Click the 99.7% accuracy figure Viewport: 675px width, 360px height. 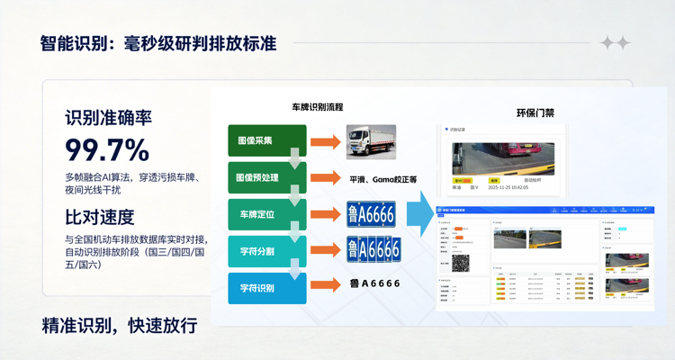pos(107,148)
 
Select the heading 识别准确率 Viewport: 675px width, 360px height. pos(108,118)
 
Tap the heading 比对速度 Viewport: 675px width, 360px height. pos(99,217)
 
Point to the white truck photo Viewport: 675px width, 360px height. pos(371,142)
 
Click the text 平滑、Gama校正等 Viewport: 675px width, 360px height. pos(382,179)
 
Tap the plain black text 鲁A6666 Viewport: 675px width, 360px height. pos(373,284)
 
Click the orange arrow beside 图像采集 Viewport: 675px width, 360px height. pos(326,142)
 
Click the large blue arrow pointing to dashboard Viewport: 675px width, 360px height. pos(418,214)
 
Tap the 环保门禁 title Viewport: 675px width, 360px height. pos(535,112)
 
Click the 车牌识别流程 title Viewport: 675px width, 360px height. pos(317,107)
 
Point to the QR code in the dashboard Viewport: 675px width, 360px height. pos(459,263)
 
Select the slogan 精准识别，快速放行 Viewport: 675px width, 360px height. pos(119,325)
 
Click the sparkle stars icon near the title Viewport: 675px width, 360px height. pos(615,42)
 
